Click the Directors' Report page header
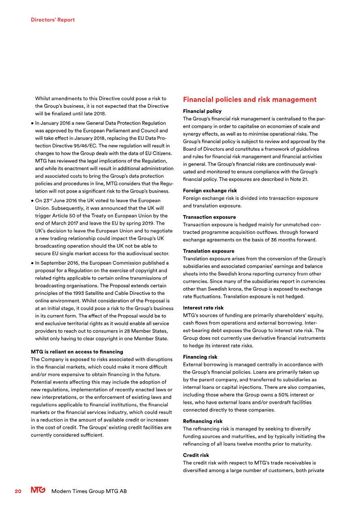53,20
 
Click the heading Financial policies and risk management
250,99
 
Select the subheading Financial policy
202,111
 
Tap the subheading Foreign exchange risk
210,191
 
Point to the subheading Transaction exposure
209,217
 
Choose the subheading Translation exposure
208,251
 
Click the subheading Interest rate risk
203,308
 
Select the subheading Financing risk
200,357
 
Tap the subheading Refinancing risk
202,421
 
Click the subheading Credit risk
196,455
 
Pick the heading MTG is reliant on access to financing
76,351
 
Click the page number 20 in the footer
18,491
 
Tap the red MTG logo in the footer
38,491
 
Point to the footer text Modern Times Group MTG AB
89,491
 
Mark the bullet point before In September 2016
32,263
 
